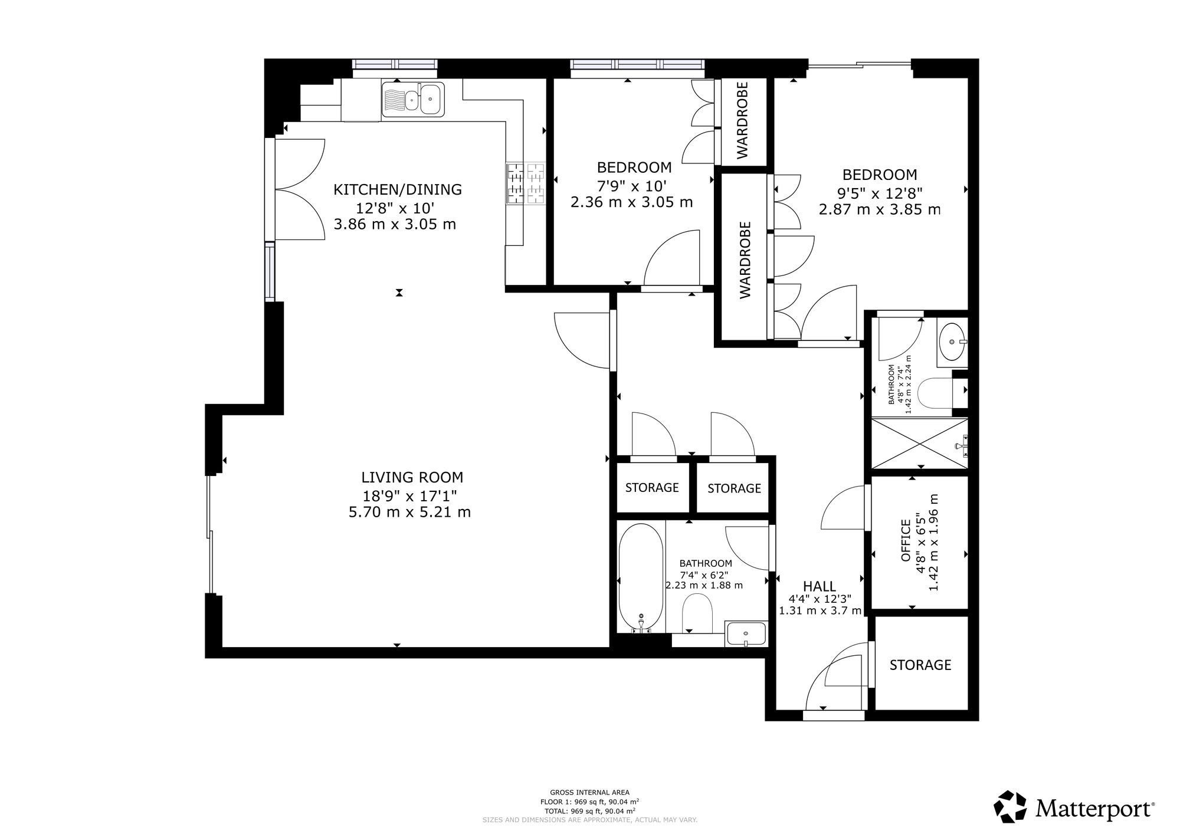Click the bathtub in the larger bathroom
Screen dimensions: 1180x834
coord(640,579)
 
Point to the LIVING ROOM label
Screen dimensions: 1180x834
coord(412,477)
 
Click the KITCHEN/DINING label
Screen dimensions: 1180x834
coord(398,189)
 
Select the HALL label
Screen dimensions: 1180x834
coord(820,586)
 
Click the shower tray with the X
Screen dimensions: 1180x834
coord(919,444)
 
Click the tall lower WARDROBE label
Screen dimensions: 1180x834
coord(746,260)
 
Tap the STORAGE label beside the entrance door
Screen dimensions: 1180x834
coord(920,665)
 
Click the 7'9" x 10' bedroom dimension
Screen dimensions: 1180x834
coord(631,185)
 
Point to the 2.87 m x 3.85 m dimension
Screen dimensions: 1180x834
coord(880,209)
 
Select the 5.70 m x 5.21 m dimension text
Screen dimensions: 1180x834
coord(410,512)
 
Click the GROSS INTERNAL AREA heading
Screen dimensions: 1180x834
coord(589,792)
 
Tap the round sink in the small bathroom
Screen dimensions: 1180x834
coord(952,342)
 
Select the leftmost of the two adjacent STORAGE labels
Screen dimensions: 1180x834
coord(652,488)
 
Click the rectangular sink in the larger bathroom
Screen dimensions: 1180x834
coord(746,634)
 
